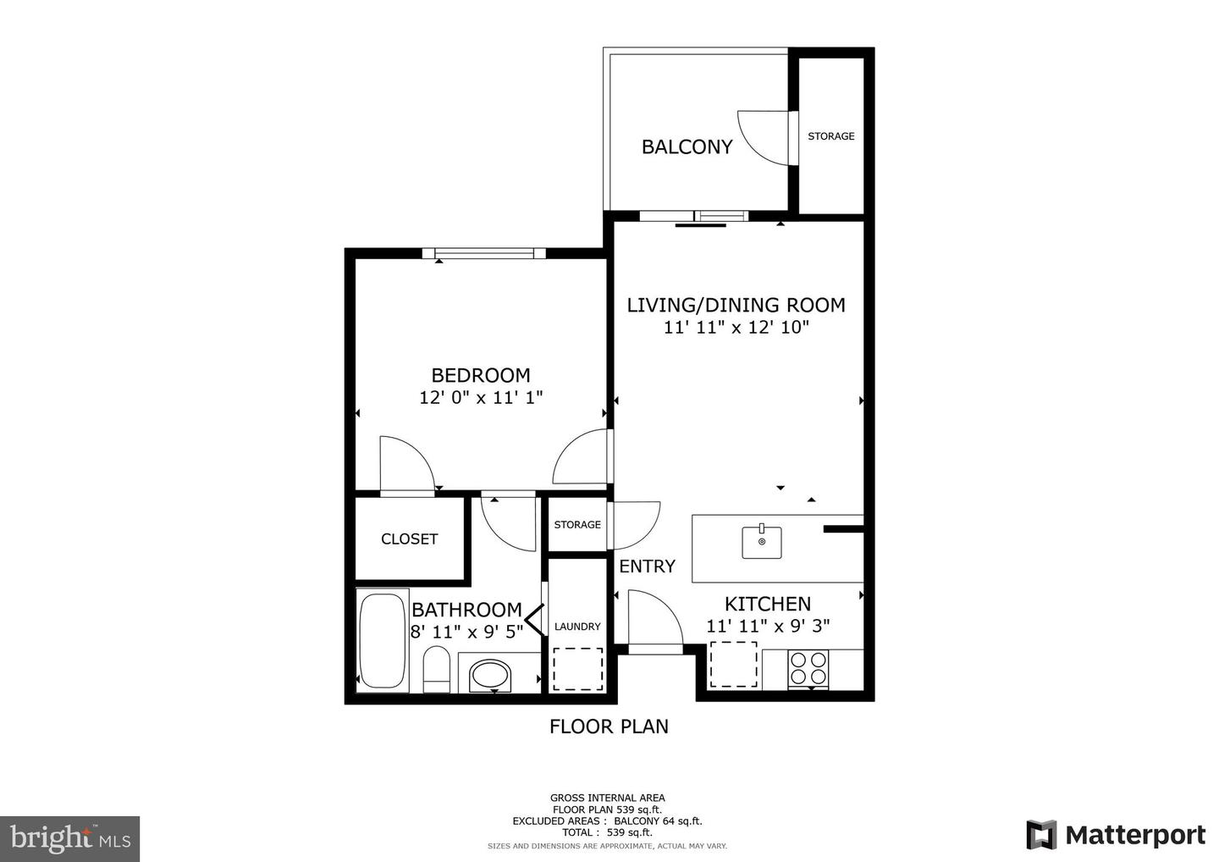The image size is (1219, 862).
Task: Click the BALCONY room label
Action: click(x=687, y=147)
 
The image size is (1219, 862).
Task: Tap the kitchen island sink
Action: click(x=762, y=542)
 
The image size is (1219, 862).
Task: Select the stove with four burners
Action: click(x=808, y=668)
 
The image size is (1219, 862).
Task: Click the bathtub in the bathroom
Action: click(x=382, y=640)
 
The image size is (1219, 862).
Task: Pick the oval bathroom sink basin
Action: click(x=491, y=676)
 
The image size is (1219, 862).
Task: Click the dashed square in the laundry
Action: click(x=577, y=669)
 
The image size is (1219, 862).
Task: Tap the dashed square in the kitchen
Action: click(x=733, y=664)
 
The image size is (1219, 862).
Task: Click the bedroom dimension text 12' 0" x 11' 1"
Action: click(x=481, y=397)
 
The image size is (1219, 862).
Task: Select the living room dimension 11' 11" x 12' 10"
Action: click(x=736, y=328)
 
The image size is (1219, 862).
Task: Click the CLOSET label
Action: click(x=409, y=539)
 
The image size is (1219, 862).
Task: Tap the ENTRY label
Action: click(x=647, y=566)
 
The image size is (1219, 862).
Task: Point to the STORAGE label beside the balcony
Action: click(x=830, y=136)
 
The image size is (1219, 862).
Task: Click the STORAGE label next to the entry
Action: click(x=577, y=525)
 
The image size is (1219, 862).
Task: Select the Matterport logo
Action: click(x=1116, y=835)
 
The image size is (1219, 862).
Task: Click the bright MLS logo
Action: click(x=70, y=838)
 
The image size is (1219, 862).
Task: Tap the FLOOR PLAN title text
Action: click(x=609, y=727)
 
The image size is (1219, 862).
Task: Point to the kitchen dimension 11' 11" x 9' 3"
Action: click(x=768, y=627)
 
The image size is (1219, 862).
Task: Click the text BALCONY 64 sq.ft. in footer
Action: click(x=658, y=821)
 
